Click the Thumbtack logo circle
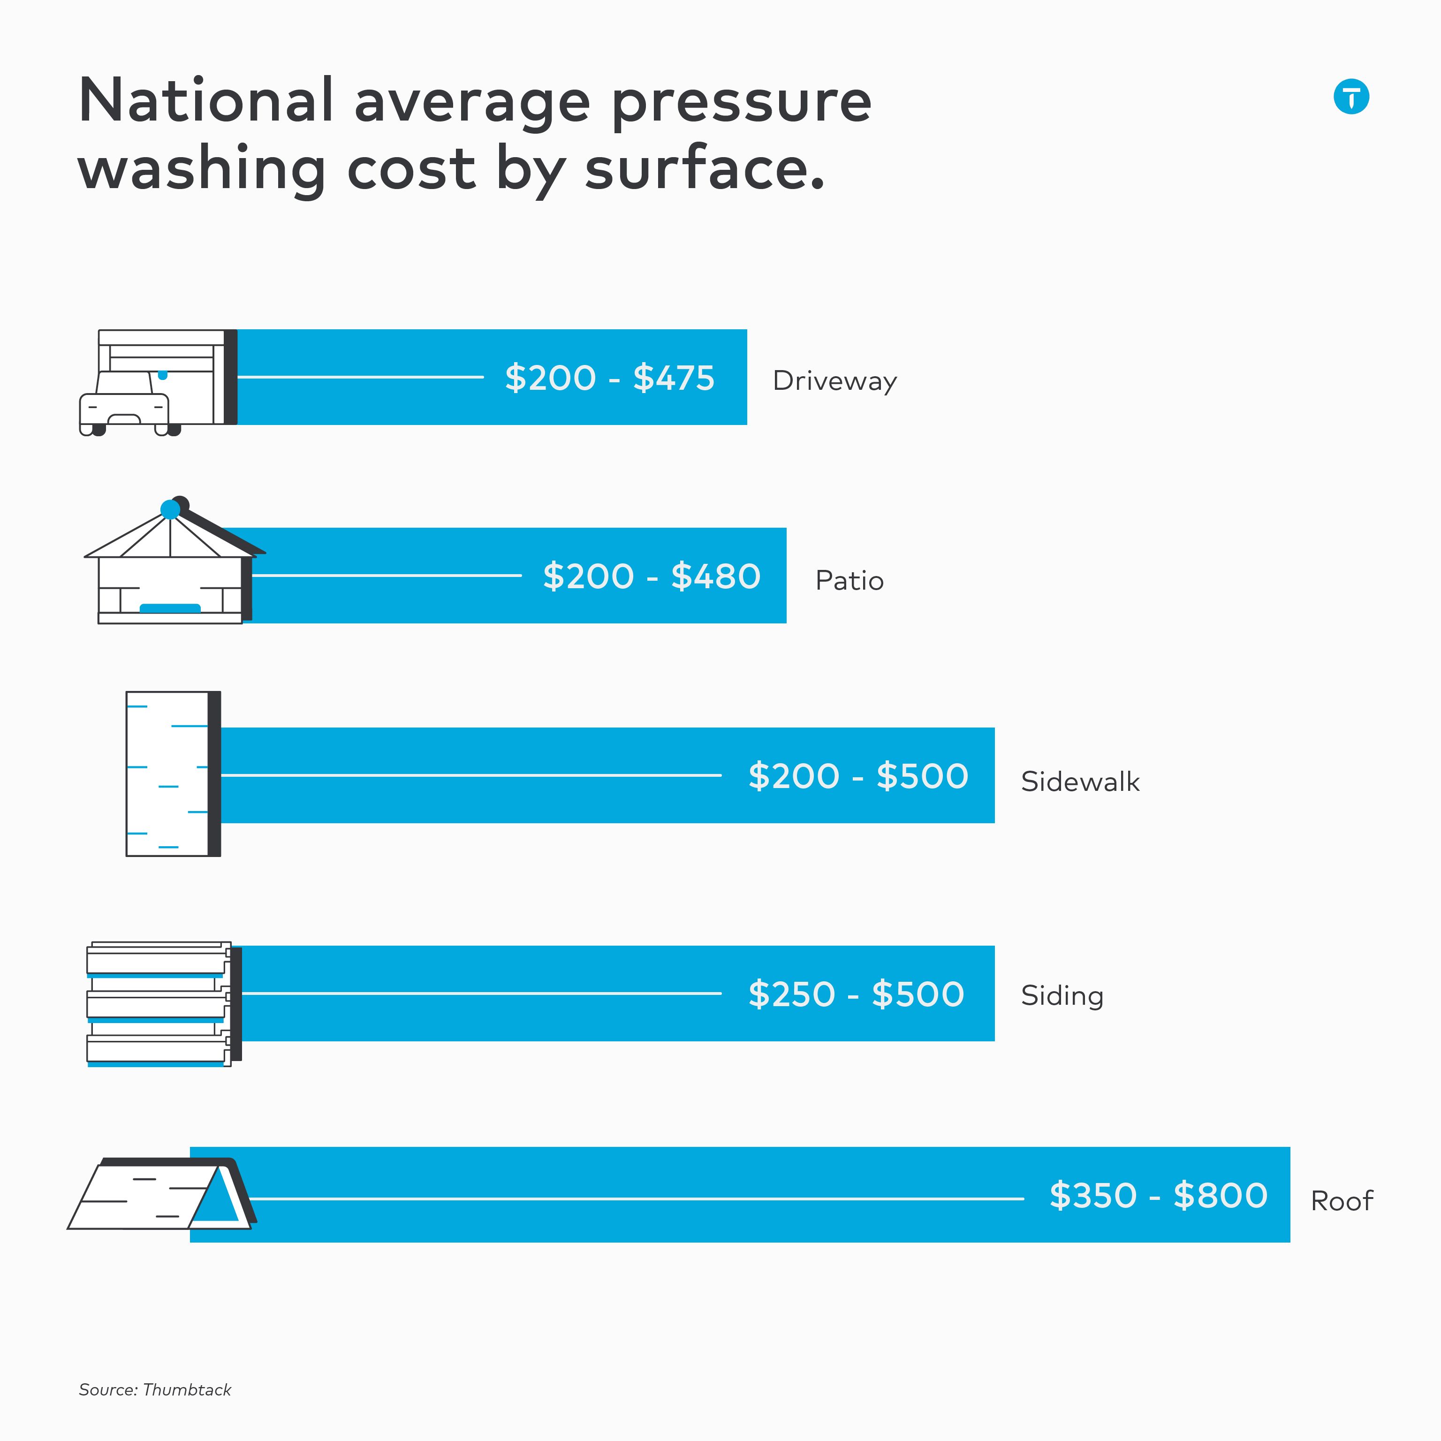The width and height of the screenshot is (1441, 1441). point(1351,97)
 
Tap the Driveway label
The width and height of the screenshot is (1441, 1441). point(834,380)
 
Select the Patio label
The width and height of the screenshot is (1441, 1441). point(849,580)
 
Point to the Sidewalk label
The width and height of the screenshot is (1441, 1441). point(1080,781)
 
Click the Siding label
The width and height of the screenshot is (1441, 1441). point(1062,996)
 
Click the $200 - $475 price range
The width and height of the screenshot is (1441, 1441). point(609,378)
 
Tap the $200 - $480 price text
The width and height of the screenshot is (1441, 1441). point(651,576)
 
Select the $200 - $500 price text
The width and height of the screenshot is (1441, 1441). point(858,776)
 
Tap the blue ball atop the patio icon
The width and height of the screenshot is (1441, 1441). point(170,509)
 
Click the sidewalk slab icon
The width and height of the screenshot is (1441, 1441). point(172,774)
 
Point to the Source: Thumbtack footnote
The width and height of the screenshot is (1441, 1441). point(155,1389)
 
